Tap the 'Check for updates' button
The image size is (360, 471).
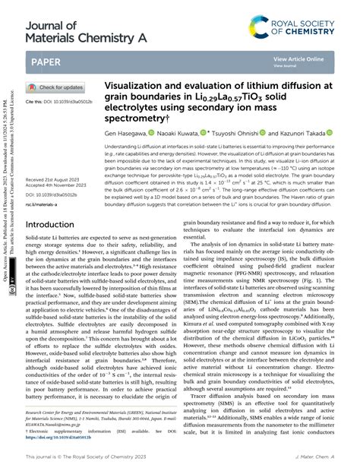(x=57, y=87)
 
